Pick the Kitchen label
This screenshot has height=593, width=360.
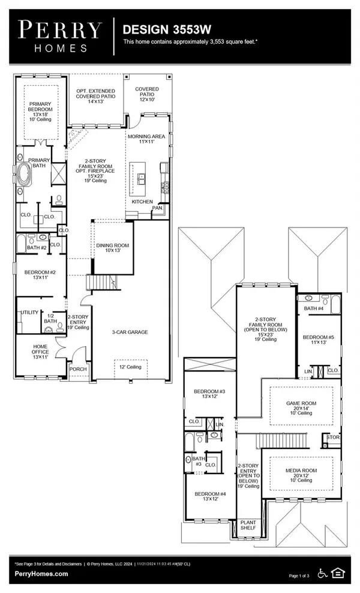coord(142,202)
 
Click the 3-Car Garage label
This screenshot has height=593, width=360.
coord(130,332)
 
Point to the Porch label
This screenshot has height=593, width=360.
coord(79,370)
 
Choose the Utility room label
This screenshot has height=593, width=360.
coord(29,313)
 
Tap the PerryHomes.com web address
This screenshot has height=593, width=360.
coord(41,574)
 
